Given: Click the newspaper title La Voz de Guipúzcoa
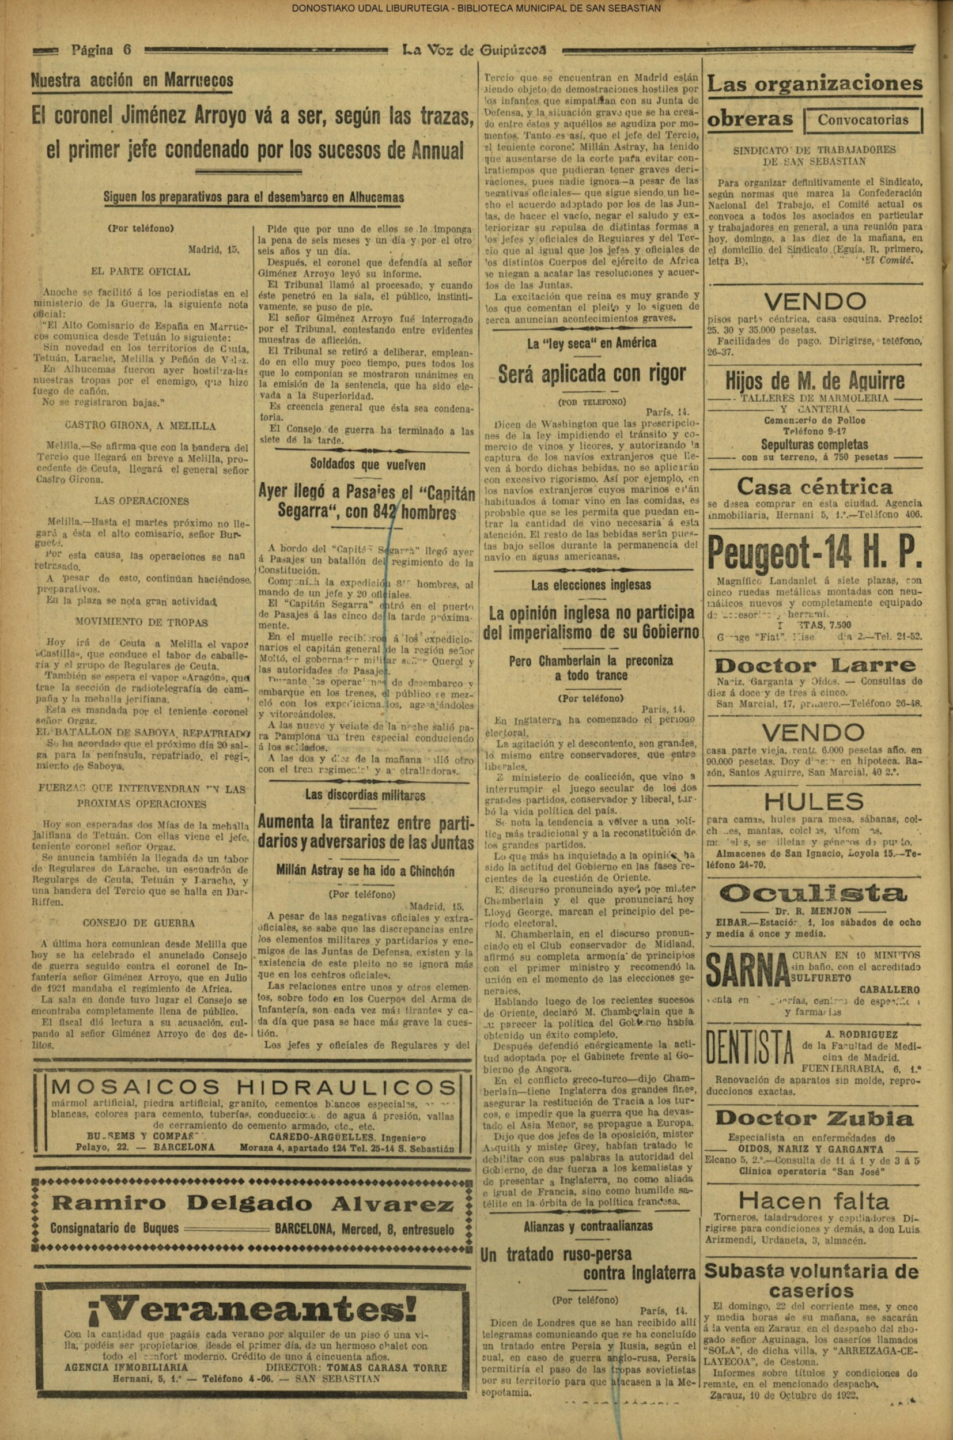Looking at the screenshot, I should [x=475, y=51].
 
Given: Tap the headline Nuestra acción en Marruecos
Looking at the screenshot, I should [x=132, y=80].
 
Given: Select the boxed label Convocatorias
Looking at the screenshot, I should [x=863, y=119].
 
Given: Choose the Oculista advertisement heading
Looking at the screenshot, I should [x=814, y=893].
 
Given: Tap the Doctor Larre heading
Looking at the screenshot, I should [x=814, y=665].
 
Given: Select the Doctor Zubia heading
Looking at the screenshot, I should [x=814, y=1118].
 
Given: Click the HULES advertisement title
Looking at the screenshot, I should [x=814, y=802].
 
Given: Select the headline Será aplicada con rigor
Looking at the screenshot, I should [x=591, y=373].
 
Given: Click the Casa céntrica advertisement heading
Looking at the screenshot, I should [x=814, y=486].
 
